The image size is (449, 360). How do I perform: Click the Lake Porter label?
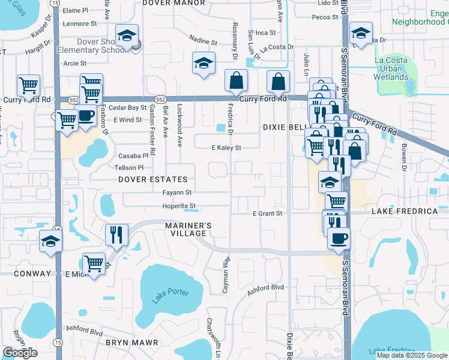(170, 296)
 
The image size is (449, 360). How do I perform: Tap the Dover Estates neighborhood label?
(152, 179)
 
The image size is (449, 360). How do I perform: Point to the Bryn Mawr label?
(131, 343)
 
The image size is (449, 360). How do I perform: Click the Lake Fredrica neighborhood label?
(405, 211)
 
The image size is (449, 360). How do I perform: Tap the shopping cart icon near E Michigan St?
(94, 262)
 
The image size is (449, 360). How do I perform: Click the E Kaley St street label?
(226, 148)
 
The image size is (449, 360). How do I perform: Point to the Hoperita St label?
(179, 206)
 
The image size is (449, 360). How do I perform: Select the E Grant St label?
(267, 213)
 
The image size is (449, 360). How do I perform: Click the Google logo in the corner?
(20, 352)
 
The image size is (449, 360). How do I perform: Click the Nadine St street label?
(203, 43)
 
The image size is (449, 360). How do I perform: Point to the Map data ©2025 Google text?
(412, 355)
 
